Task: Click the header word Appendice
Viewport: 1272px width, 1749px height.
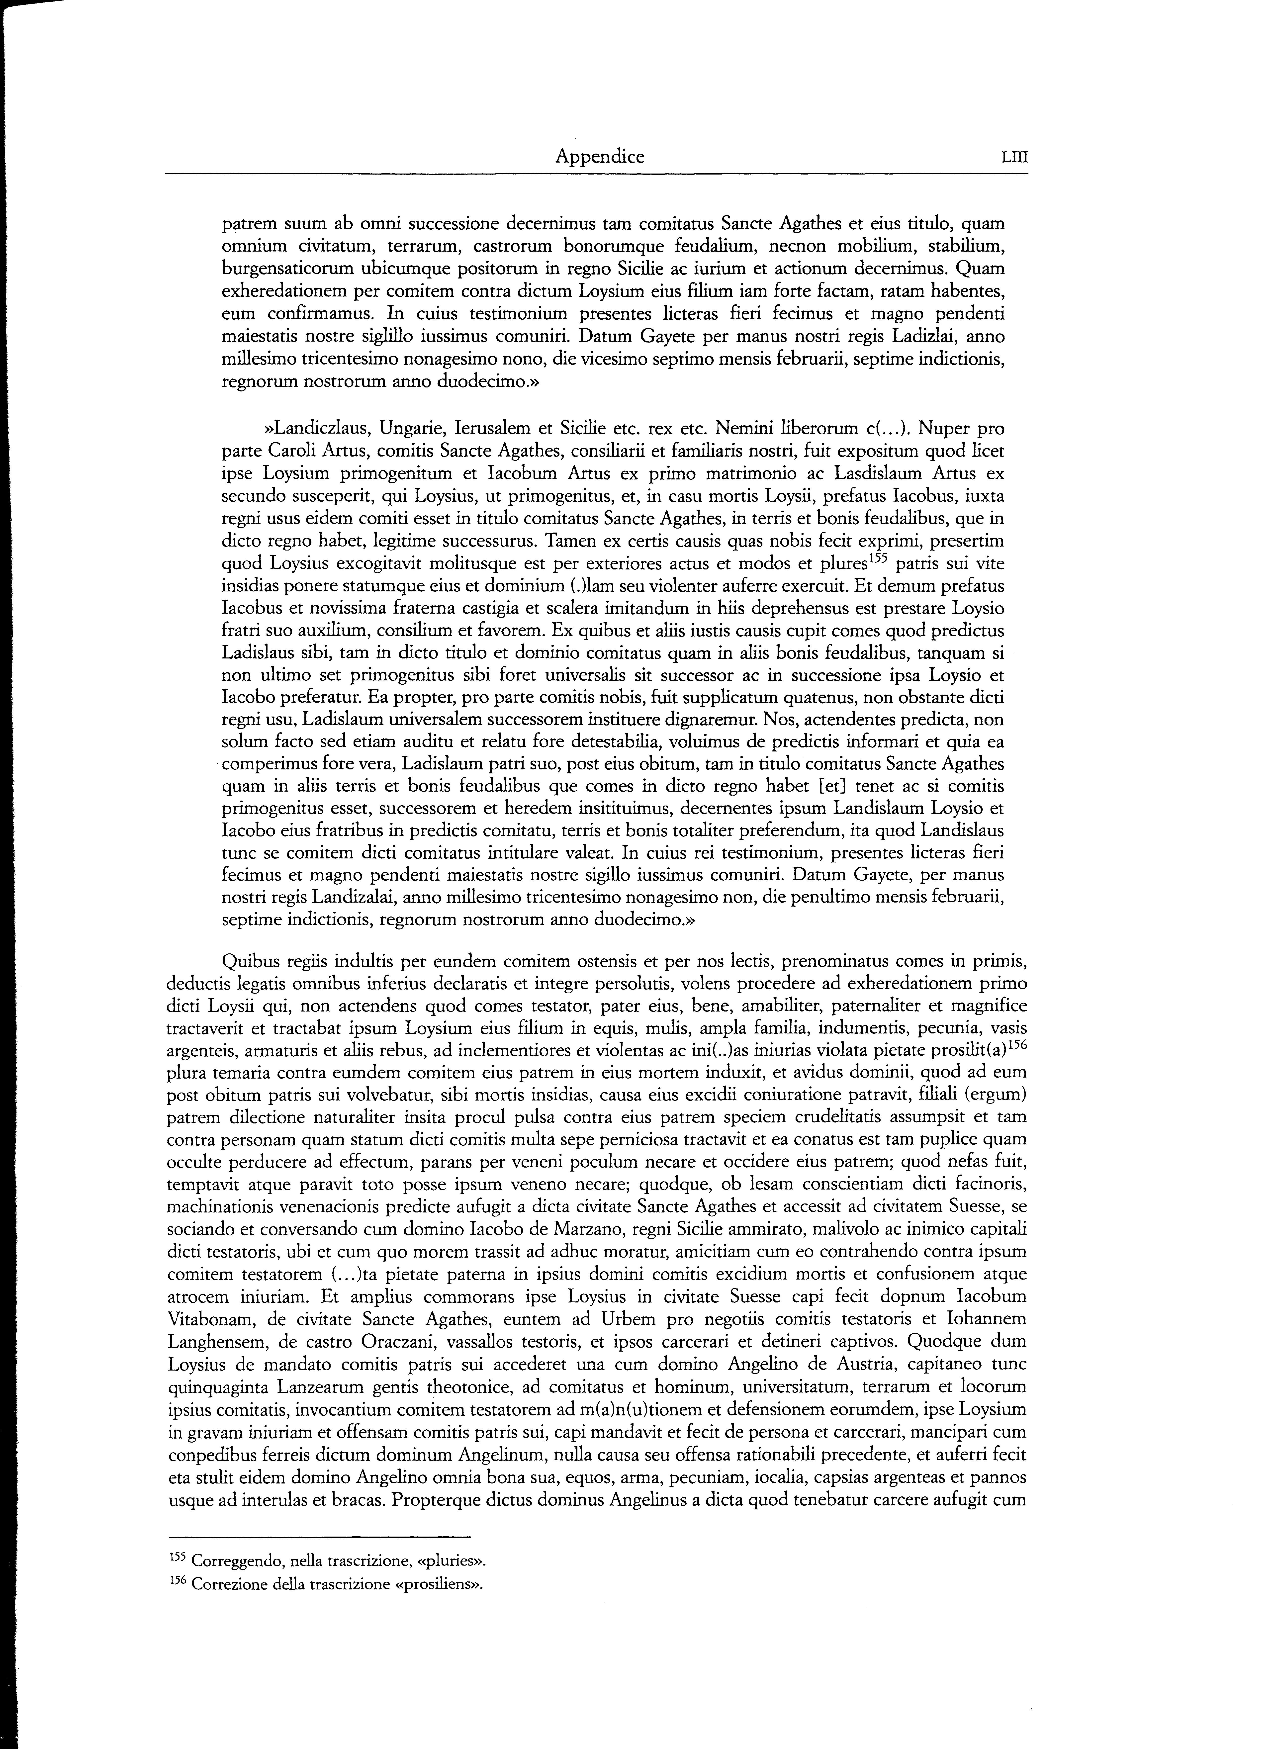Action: [x=600, y=157]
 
